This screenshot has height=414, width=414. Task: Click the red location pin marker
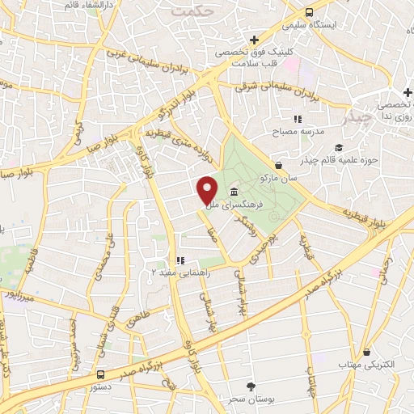point(207,189)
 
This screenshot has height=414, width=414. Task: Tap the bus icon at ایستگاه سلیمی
point(310,12)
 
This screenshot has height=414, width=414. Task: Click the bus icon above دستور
point(100,374)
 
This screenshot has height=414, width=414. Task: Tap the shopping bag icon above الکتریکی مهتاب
point(368,352)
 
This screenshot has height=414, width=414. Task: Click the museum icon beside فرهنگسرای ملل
point(234,192)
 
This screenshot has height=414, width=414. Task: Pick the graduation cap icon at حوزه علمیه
point(339,148)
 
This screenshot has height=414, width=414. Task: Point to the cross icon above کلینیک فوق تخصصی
point(254,39)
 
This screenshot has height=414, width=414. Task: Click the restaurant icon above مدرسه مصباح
point(298,119)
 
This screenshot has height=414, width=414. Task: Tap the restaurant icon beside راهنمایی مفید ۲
point(180,260)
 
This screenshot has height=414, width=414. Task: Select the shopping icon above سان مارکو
point(278,164)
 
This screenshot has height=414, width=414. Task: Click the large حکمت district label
point(196,12)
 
